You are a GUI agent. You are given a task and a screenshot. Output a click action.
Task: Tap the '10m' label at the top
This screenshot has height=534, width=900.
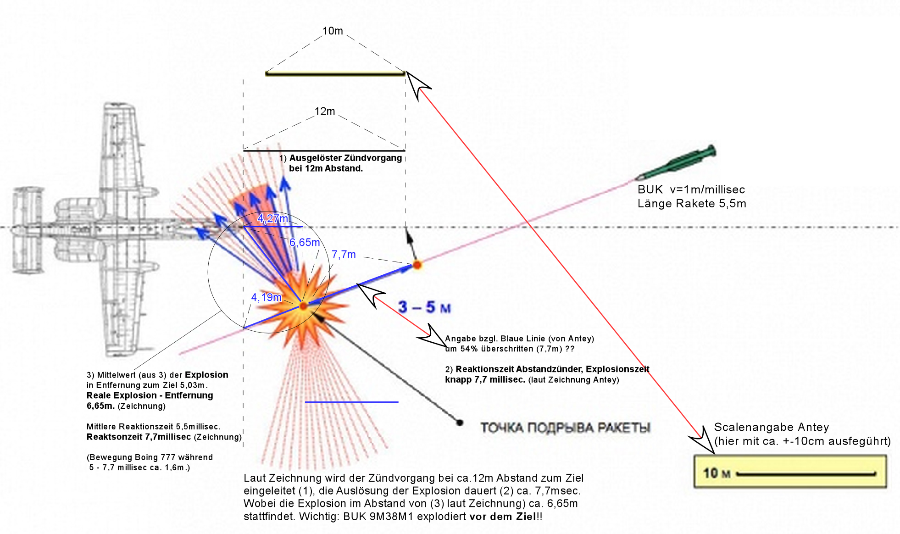click(333, 31)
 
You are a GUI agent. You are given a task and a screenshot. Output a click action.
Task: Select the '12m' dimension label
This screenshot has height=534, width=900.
click(325, 111)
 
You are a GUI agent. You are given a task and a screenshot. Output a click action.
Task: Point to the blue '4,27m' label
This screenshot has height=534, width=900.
click(273, 218)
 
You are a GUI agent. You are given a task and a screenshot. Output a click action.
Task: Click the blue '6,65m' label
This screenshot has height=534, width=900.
click(305, 242)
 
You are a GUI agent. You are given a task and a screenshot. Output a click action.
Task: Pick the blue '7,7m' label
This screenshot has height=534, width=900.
click(344, 254)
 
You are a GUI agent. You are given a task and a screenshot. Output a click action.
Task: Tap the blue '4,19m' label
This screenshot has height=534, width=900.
click(266, 297)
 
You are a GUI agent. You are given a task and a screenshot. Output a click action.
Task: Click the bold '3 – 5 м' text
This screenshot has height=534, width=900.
click(424, 307)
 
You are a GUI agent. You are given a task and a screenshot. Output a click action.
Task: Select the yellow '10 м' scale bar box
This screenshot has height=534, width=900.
click(790, 472)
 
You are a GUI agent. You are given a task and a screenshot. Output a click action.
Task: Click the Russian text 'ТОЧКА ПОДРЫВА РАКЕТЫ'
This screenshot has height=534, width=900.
click(565, 428)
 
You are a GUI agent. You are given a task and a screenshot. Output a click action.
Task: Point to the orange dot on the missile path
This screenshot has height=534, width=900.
click(417, 264)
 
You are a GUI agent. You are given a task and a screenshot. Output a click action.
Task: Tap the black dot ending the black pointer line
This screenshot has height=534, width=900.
click(459, 423)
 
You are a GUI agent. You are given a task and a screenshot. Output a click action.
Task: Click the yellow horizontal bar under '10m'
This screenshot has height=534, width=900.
click(335, 73)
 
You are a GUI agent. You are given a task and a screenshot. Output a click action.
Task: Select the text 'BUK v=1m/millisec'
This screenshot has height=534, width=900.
click(691, 189)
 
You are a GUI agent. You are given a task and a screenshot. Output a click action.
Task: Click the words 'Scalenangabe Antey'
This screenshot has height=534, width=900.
click(772, 427)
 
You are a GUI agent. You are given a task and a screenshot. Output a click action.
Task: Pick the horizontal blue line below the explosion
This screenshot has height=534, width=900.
click(351, 402)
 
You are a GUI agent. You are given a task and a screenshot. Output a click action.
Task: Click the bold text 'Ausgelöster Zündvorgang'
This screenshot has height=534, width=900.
click(345, 158)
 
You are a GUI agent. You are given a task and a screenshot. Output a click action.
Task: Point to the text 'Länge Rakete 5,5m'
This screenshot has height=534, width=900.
click(692, 203)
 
